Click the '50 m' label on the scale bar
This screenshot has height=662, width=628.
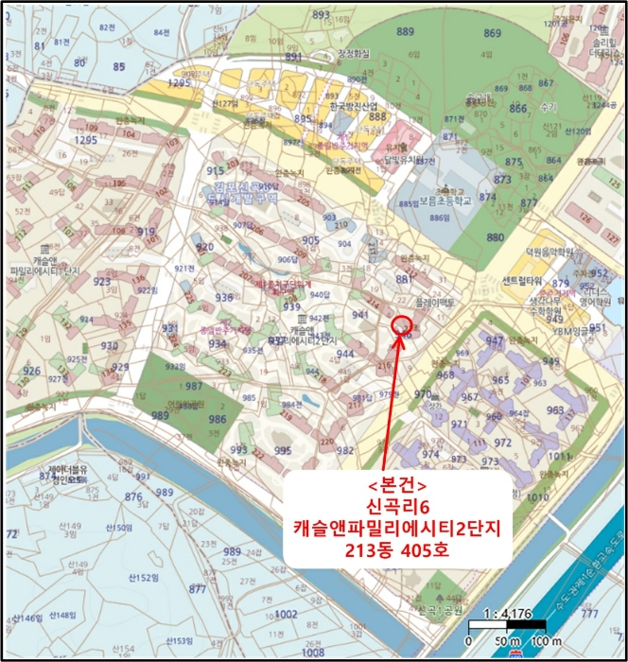pos(501,643)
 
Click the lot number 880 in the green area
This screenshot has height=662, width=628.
pos(495,237)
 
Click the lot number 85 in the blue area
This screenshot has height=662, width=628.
pos(118,66)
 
